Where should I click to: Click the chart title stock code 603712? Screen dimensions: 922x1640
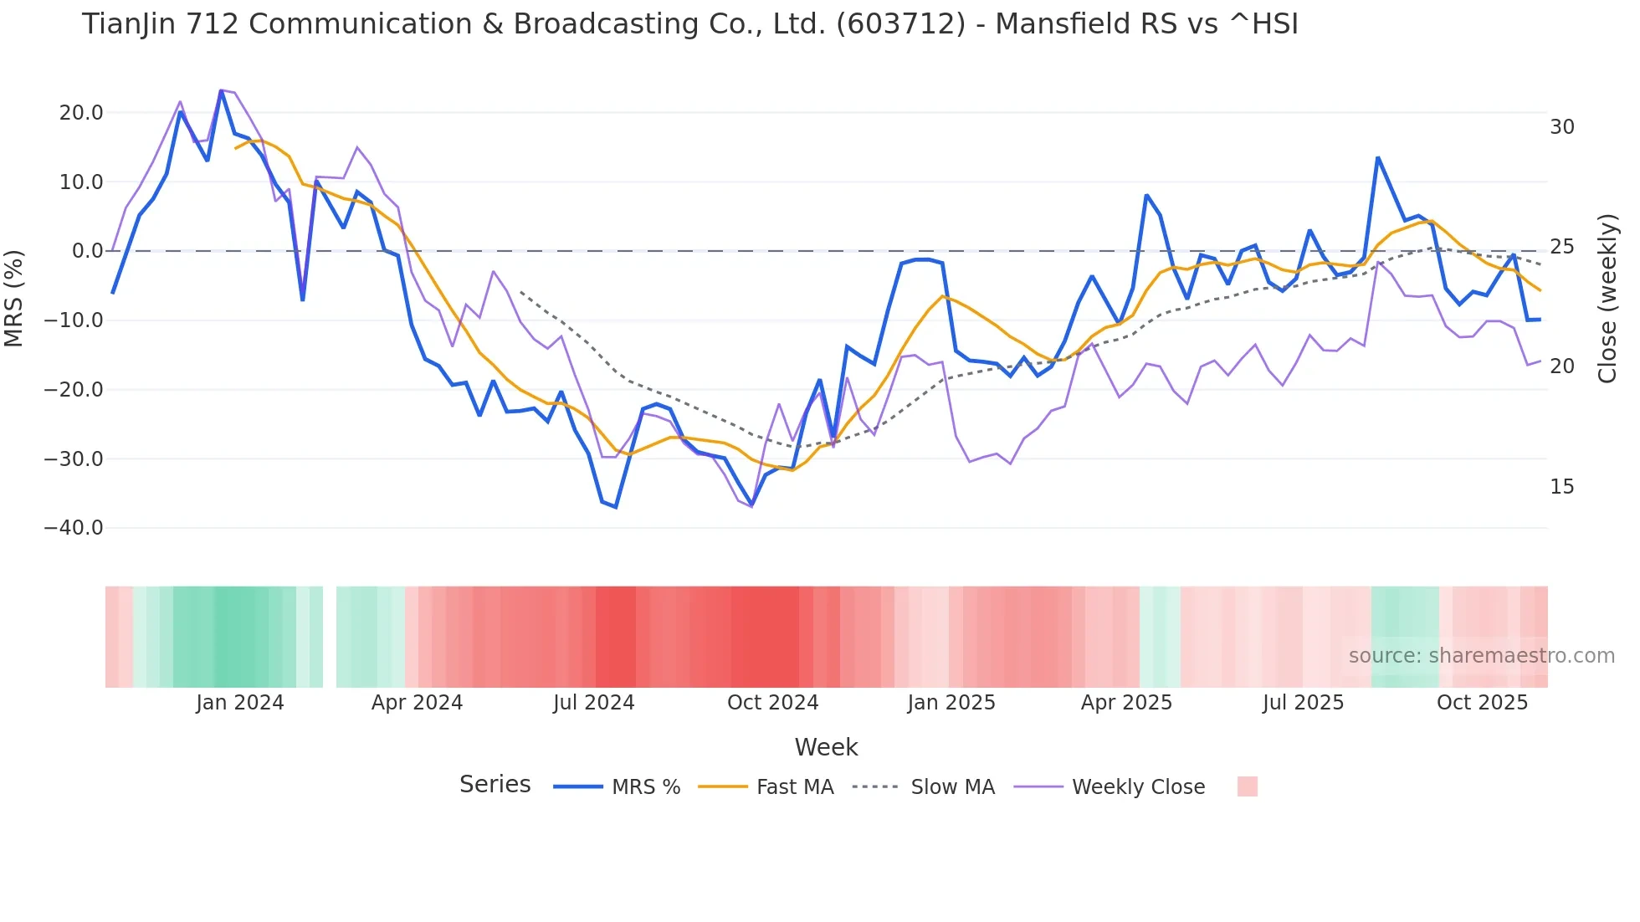click(x=900, y=24)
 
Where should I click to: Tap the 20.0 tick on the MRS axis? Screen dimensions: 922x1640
click(x=81, y=113)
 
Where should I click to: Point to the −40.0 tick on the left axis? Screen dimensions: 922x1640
click(x=74, y=528)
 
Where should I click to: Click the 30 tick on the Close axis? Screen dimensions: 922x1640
click(x=1562, y=127)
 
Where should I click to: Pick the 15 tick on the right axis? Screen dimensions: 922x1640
click(x=1562, y=487)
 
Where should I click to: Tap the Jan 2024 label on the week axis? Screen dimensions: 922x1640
click(x=240, y=703)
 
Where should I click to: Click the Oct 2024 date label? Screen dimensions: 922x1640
click(x=772, y=703)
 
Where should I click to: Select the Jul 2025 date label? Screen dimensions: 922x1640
click(x=1303, y=703)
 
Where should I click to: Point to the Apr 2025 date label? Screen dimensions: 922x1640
click(x=1126, y=703)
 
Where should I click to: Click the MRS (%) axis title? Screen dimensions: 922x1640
click(x=14, y=299)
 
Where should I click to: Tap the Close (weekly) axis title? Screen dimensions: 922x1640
click(x=1607, y=299)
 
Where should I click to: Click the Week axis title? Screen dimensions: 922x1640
click(x=826, y=747)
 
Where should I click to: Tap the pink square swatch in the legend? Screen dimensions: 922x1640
click(x=1247, y=786)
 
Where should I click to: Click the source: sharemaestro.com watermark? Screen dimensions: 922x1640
click(x=1481, y=656)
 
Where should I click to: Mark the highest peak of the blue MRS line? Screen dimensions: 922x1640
click(x=221, y=91)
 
